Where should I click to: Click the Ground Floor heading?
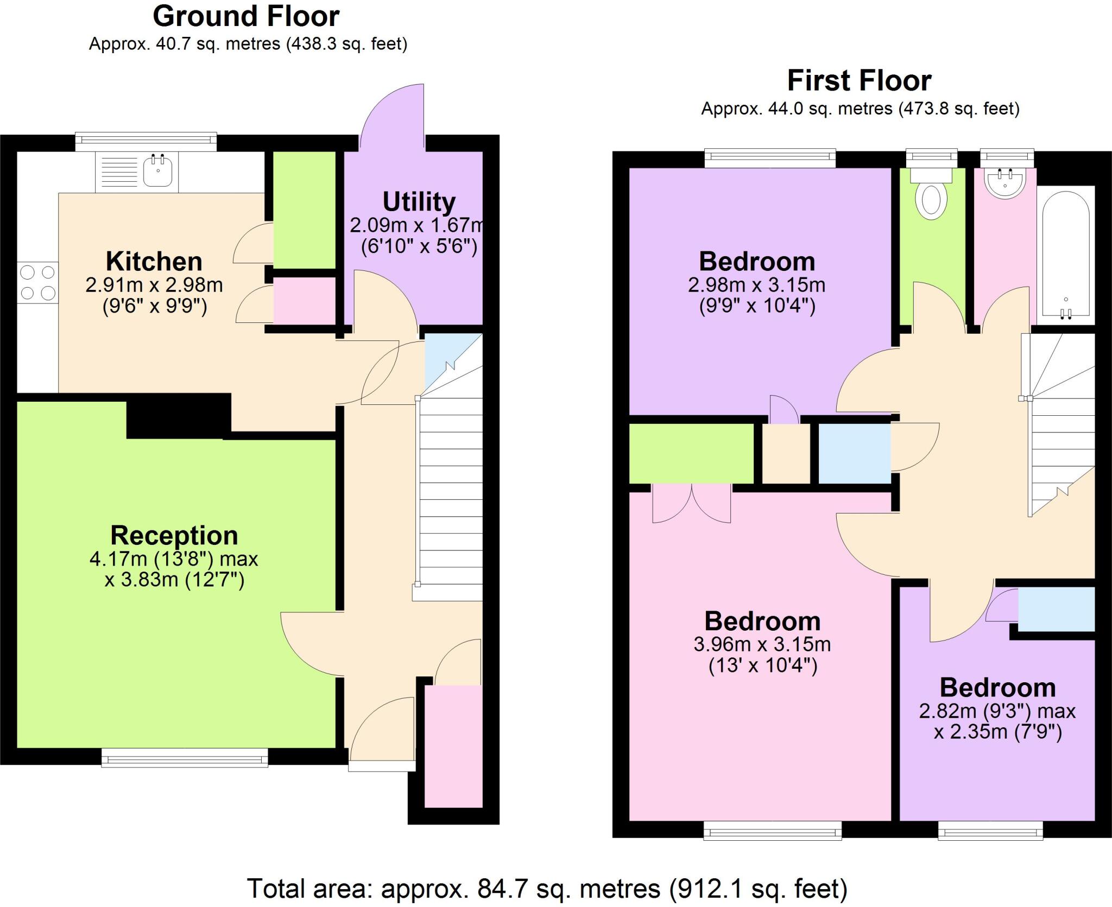[x=246, y=16]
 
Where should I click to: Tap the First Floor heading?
[x=859, y=81]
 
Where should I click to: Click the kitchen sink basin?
[x=158, y=171]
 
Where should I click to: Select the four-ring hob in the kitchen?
[x=37, y=282]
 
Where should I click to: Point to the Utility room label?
[x=419, y=202]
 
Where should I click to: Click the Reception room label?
[x=174, y=535]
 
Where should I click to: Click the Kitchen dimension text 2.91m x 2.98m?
[x=154, y=285]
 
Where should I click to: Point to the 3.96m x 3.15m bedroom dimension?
[x=762, y=644]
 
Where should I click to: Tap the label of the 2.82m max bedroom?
[x=997, y=688]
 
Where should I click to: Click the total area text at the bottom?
[x=547, y=889]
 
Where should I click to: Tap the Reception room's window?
[x=185, y=758]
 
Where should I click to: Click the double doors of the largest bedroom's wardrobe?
[x=691, y=504]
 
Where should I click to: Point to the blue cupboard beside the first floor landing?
[x=854, y=453]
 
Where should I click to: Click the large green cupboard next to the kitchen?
[x=304, y=210]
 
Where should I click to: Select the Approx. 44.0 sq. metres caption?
[x=860, y=109]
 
